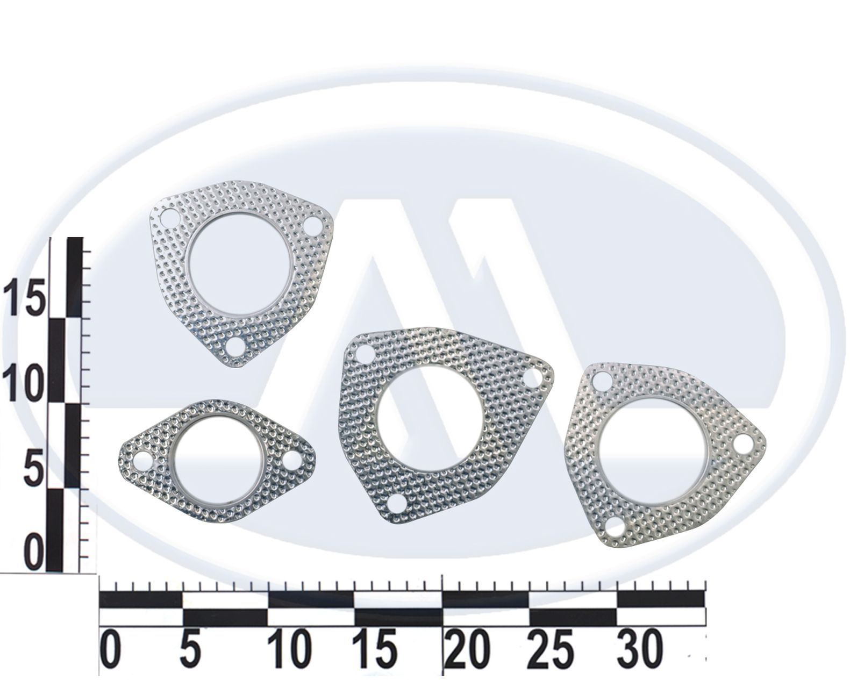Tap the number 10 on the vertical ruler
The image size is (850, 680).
[x=23, y=382]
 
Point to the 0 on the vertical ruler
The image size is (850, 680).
[x=34, y=552]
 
